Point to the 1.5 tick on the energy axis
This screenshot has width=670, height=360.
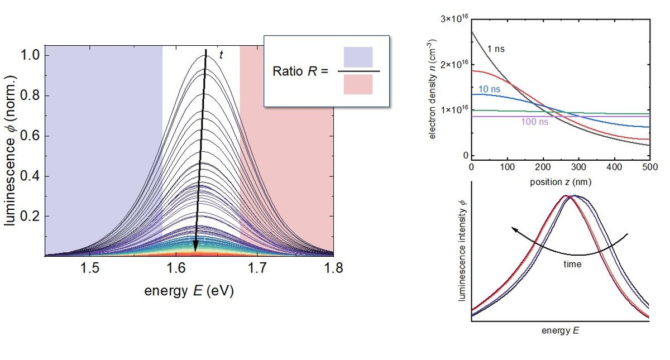pyautogui.click(x=91, y=268)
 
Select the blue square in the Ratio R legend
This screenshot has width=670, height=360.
pyautogui.click(x=358, y=57)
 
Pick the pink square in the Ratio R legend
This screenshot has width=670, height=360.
pyautogui.click(x=358, y=84)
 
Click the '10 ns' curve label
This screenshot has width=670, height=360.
pyautogui.click(x=489, y=89)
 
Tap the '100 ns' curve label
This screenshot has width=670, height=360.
pyautogui.click(x=534, y=121)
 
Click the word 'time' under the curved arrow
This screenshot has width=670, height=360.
pyautogui.click(x=572, y=265)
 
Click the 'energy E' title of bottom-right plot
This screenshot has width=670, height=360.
pyautogui.click(x=559, y=330)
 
